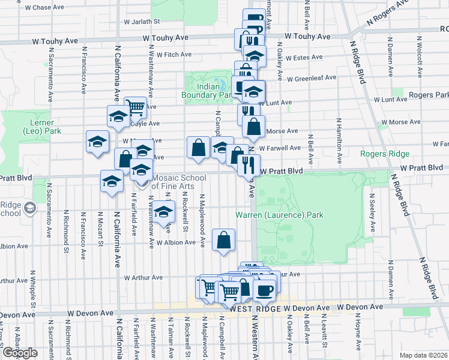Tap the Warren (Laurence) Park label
pyautogui.click(x=279, y=215)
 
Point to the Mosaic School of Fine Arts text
pyautogui.click(x=178, y=182)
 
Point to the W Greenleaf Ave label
pyautogui.click(x=312, y=78)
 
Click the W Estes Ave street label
pyautogui.click(x=304, y=58)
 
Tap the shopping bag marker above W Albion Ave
pyautogui.click(x=223, y=240)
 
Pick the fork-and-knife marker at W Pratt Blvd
pyautogui.click(x=249, y=163)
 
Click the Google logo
pyautogui.click(x=20, y=353)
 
